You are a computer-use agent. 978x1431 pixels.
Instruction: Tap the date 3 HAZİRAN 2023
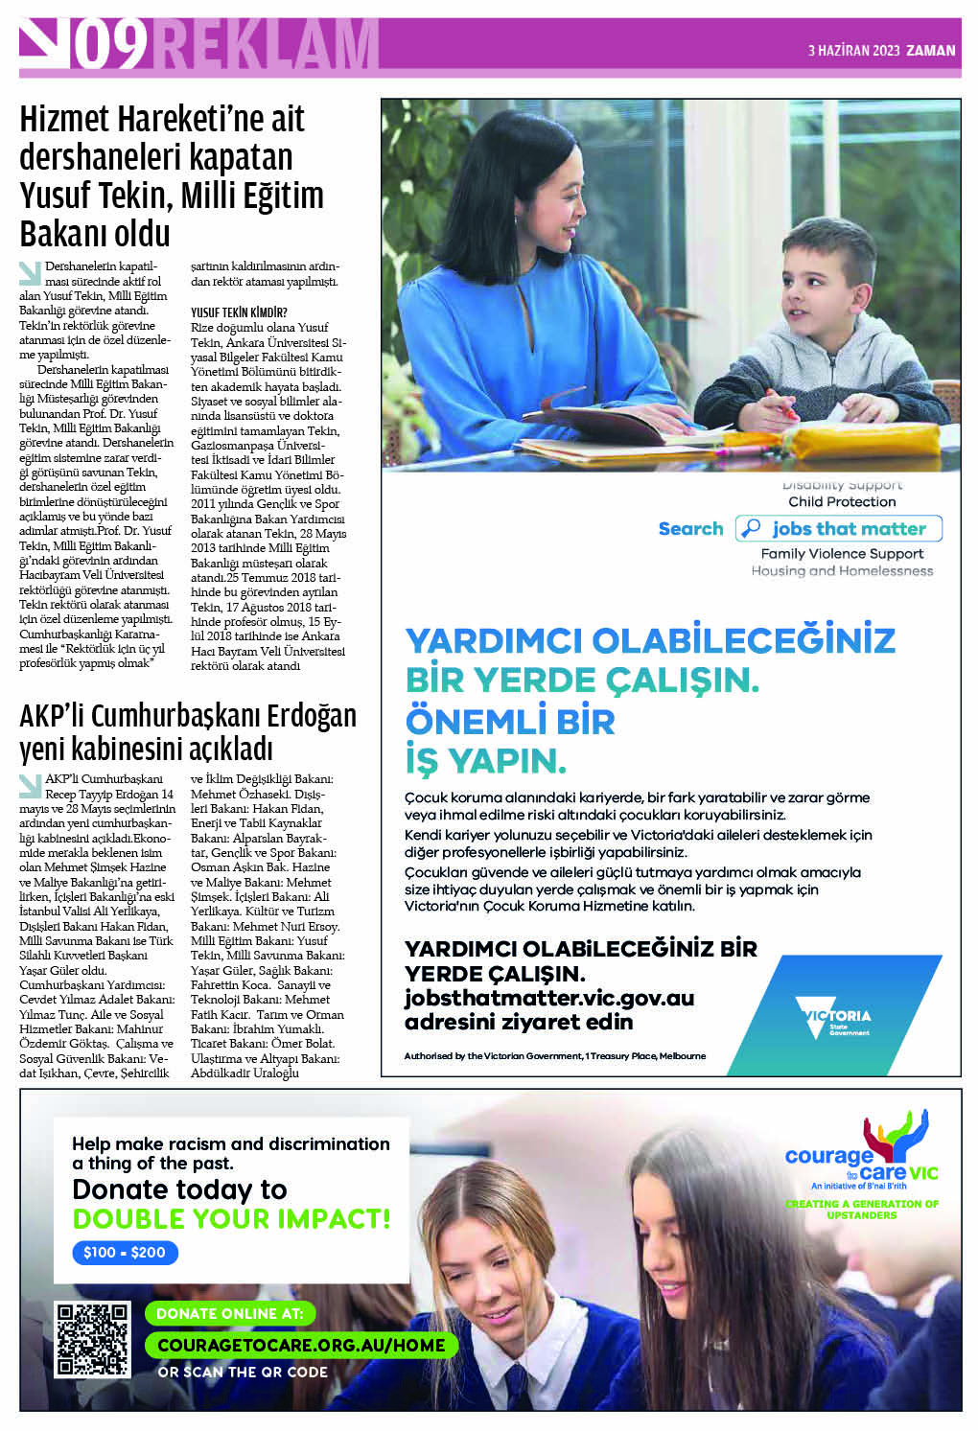point(853,51)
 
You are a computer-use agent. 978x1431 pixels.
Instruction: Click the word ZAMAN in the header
point(931,51)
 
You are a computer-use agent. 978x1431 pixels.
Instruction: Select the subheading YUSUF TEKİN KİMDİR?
point(239,312)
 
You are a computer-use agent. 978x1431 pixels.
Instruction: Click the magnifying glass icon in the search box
point(752,528)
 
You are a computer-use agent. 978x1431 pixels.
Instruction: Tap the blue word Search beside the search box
point(690,528)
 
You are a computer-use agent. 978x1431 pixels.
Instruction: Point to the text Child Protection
point(842,501)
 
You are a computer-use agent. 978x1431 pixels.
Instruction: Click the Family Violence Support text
point(842,553)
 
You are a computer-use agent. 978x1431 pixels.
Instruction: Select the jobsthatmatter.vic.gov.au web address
point(548,998)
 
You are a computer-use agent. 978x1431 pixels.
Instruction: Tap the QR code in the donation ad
point(93,1339)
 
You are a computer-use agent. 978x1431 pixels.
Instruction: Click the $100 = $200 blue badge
point(125,1252)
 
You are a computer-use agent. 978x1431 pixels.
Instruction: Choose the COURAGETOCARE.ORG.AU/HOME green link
point(301,1345)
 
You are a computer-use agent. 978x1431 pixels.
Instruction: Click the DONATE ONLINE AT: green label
point(230,1313)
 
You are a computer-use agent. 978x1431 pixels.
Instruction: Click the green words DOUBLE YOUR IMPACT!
point(231,1219)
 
